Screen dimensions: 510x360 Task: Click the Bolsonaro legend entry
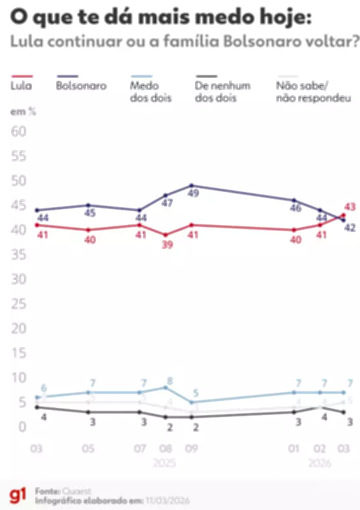click(x=81, y=85)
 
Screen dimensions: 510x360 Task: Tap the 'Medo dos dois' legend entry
click(x=150, y=92)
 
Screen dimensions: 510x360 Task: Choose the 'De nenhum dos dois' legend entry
click(x=221, y=92)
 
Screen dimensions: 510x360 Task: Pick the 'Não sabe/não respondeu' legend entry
click(x=312, y=92)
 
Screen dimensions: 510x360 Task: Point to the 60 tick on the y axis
click(x=18, y=131)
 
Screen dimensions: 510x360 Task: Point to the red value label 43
click(x=349, y=207)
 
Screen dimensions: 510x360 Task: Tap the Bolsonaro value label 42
click(x=349, y=228)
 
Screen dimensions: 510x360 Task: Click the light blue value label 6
click(x=44, y=388)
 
